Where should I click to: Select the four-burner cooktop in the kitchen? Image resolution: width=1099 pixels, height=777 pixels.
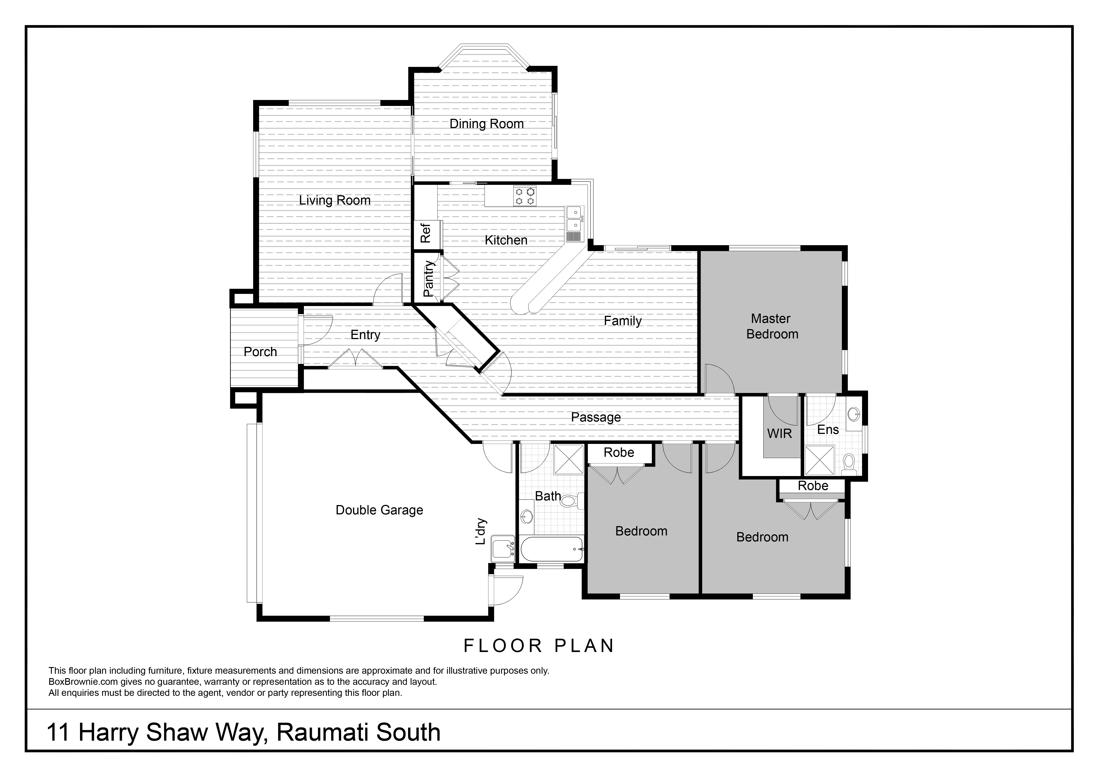[x=525, y=196]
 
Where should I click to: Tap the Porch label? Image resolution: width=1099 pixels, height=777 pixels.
[x=260, y=352]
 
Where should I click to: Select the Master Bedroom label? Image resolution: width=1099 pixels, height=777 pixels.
[x=772, y=326]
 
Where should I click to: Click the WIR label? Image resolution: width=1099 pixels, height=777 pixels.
[x=779, y=434]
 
